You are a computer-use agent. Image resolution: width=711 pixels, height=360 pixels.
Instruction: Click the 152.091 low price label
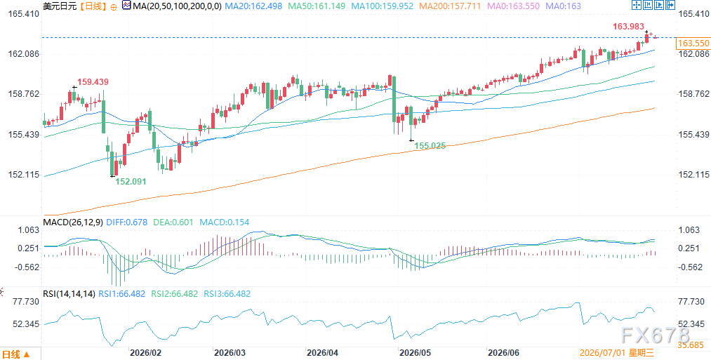click(x=130, y=181)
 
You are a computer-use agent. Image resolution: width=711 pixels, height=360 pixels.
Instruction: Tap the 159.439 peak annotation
click(x=93, y=82)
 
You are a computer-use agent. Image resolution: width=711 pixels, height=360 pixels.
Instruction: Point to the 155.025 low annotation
click(x=430, y=146)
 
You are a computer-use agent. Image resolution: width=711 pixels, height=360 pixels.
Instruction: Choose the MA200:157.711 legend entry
click(x=451, y=6)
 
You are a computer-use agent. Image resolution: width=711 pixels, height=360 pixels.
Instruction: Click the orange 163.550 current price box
click(x=693, y=44)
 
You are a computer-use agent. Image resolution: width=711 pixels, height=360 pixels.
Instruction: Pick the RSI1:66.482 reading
click(x=121, y=294)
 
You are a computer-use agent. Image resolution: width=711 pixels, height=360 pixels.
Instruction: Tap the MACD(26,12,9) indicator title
click(x=73, y=222)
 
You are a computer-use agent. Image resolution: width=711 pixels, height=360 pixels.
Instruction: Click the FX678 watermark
click(x=656, y=335)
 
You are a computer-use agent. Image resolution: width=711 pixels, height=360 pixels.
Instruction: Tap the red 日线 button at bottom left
click(x=16, y=354)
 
